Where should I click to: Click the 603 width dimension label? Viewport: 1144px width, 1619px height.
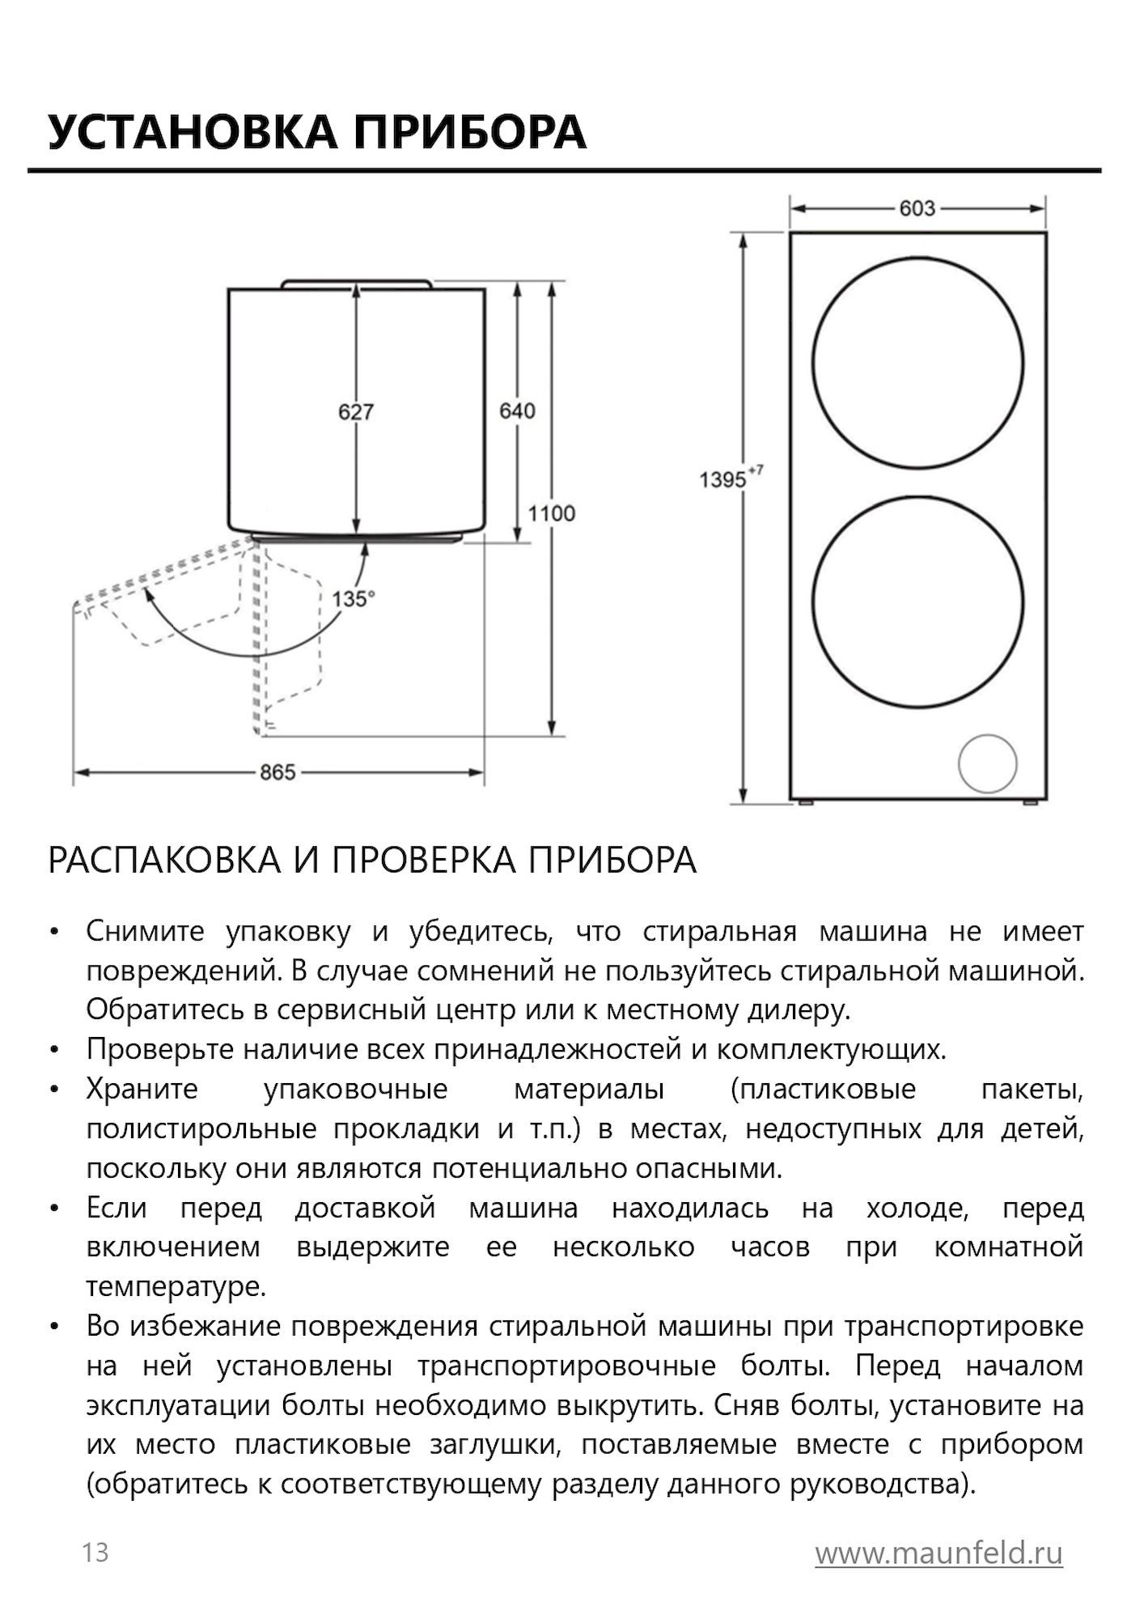click(917, 209)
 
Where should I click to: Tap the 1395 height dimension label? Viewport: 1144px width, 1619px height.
click(722, 480)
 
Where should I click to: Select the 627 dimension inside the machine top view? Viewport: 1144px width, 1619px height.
click(356, 412)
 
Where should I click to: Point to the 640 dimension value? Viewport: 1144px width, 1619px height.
click(517, 411)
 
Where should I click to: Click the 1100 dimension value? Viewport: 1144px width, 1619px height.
click(552, 513)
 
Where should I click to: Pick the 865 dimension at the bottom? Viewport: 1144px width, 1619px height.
click(278, 772)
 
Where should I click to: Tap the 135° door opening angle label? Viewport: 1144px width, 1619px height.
click(354, 599)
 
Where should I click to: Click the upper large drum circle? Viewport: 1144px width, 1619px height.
click(917, 363)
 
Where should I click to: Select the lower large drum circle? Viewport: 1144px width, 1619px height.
click(917, 602)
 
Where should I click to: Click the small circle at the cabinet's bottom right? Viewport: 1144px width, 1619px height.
click(987, 764)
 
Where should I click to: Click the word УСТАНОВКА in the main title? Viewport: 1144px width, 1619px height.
click(192, 132)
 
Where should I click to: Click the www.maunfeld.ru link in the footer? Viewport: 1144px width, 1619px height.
click(939, 1553)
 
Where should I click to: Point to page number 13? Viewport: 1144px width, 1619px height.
click(95, 1553)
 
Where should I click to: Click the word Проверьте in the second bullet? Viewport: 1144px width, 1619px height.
click(159, 1050)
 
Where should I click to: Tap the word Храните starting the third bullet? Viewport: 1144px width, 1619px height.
click(142, 1089)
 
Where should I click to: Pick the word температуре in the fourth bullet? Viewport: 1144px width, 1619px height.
click(176, 1287)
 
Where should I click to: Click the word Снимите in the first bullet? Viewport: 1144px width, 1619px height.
click(146, 932)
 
